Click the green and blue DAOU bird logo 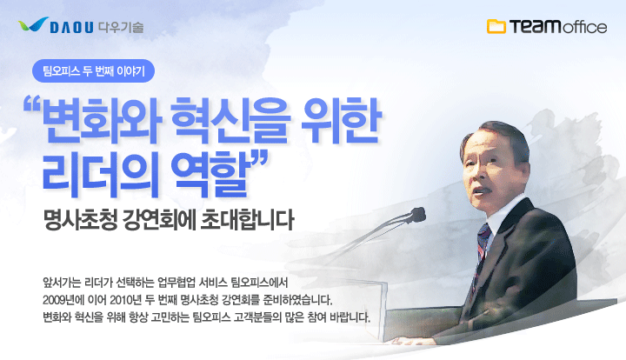33,24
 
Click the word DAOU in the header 72,28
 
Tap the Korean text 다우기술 121,27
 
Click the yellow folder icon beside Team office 496,26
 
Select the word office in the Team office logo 585,27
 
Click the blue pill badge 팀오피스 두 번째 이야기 93,71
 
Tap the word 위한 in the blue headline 341,120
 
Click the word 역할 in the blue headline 208,176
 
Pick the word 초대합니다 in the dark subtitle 247,220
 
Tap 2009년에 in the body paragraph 62,300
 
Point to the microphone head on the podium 417,214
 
